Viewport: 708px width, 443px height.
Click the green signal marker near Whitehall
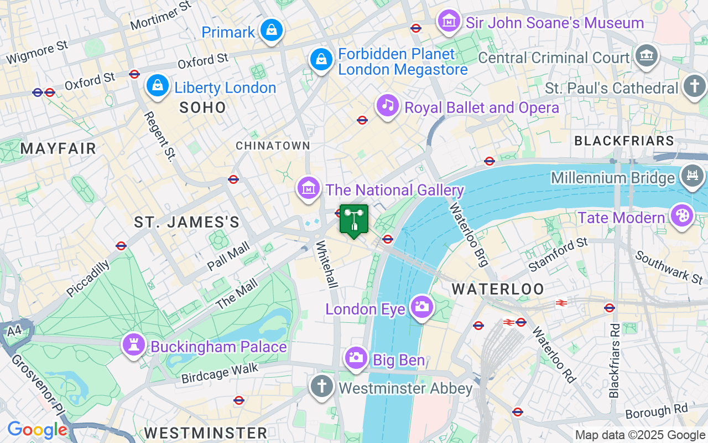pos(353,220)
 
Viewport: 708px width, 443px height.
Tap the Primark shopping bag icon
pos(272,31)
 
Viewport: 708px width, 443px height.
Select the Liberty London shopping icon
pos(158,86)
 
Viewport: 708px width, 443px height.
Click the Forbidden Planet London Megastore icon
pos(321,60)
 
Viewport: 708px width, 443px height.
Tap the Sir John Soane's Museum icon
pos(449,22)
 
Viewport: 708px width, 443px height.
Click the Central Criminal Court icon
pos(645,56)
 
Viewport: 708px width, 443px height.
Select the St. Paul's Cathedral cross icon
pos(694,87)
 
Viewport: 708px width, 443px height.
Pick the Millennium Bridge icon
pos(692,177)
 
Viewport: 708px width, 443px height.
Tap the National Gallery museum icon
pos(309,189)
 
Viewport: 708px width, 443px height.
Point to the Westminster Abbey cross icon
pos(321,386)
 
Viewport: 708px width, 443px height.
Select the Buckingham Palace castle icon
pos(134,346)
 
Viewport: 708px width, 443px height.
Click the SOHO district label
pos(203,107)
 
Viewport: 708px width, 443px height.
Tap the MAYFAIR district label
pos(58,148)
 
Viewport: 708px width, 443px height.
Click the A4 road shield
pos(15,331)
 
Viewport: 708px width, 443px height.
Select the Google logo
pos(37,430)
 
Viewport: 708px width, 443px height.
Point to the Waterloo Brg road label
pos(468,235)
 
